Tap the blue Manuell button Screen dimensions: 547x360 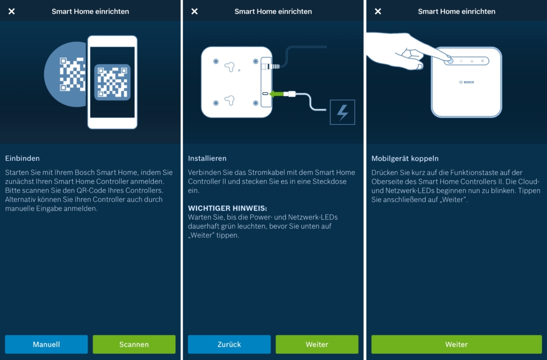(x=46, y=345)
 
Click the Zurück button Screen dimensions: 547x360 (x=229, y=345)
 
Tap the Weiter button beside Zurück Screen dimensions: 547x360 (x=317, y=345)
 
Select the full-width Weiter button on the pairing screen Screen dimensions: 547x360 (x=456, y=345)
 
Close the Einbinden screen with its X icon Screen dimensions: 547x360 (x=12, y=12)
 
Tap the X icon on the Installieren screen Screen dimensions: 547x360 (x=194, y=12)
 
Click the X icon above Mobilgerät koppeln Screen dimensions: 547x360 (x=378, y=12)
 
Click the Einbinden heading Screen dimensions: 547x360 (x=22, y=159)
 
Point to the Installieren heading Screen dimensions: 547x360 (x=207, y=159)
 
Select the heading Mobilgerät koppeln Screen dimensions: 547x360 (x=405, y=159)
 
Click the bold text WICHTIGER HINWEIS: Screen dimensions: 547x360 (x=228, y=208)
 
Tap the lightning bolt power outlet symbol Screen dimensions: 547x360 (x=342, y=112)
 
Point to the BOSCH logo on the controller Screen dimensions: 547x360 (x=466, y=82)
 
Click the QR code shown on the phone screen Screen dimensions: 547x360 (x=112, y=82)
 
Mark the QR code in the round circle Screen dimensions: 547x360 (x=72, y=74)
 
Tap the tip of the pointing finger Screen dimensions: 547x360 (x=450, y=60)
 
